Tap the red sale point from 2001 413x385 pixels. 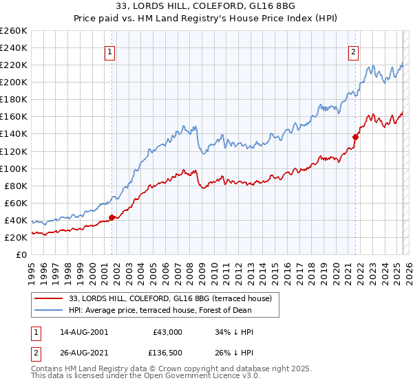pos(112,218)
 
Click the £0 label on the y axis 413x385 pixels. pos(21,254)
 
